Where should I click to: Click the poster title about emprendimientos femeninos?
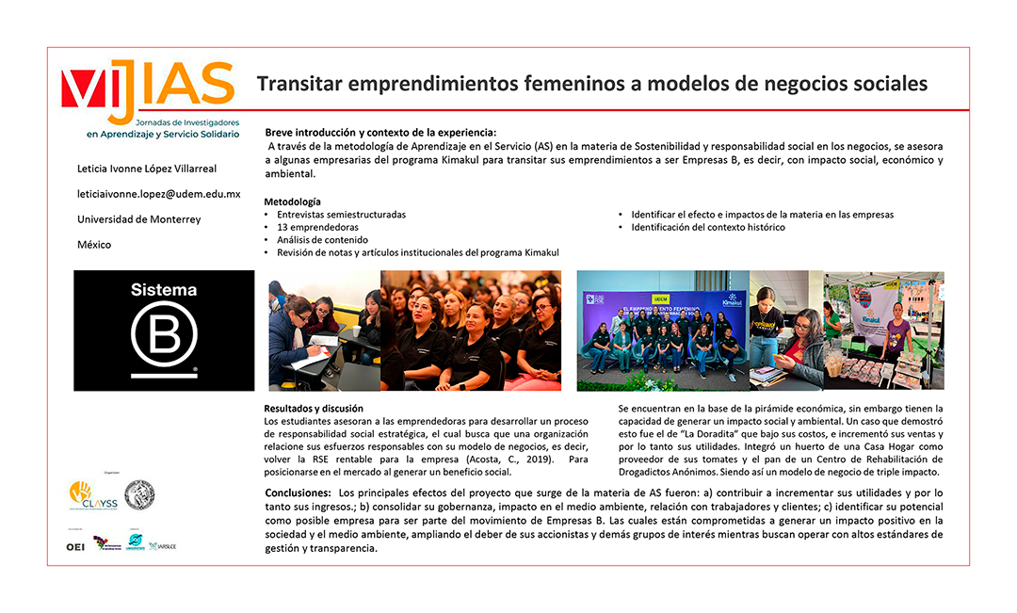point(591,84)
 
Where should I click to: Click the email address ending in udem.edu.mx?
point(158,194)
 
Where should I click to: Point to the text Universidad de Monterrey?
point(138,219)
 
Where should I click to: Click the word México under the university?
point(94,245)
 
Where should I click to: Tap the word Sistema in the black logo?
point(164,291)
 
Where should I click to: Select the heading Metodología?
point(292,202)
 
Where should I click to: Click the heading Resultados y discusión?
point(314,409)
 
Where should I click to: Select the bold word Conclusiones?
point(297,493)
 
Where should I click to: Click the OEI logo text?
point(75,546)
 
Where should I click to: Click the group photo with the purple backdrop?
point(662,331)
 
